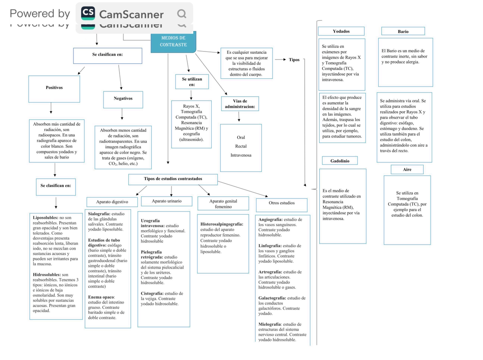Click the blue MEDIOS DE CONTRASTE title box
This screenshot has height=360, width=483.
(x=173, y=42)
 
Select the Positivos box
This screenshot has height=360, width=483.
(x=54, y=89)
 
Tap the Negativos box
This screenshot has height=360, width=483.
(x=123, y=100)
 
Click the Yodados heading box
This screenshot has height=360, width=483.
(x=341, y=31)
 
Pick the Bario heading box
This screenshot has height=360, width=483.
(x=403, y=31)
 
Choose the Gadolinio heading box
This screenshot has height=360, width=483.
(x=340, y=160)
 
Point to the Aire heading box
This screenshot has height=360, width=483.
(x=407, y=169)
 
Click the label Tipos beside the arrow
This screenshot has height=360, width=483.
(x=294, y=60)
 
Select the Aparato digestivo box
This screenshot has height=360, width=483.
(x=112, y=202)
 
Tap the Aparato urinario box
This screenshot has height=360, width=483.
(x=167, y=201)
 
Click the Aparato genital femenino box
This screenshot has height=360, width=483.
(x=223, y=204)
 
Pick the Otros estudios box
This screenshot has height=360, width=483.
(x=282, y=205)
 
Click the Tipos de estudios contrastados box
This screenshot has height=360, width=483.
(x=173, y=179)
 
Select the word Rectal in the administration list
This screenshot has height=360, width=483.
(x=241, y=146)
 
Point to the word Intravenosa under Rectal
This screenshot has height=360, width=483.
(x=241, y=155)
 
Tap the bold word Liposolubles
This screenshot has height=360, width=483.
(x=45, y=218)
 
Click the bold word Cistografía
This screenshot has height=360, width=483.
(x=152, y=293)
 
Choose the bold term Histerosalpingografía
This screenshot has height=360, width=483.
(x=222, y=224)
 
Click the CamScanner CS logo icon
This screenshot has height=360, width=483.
(x=88, y=13)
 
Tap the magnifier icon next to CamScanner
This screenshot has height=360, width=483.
(x=182, y=14)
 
